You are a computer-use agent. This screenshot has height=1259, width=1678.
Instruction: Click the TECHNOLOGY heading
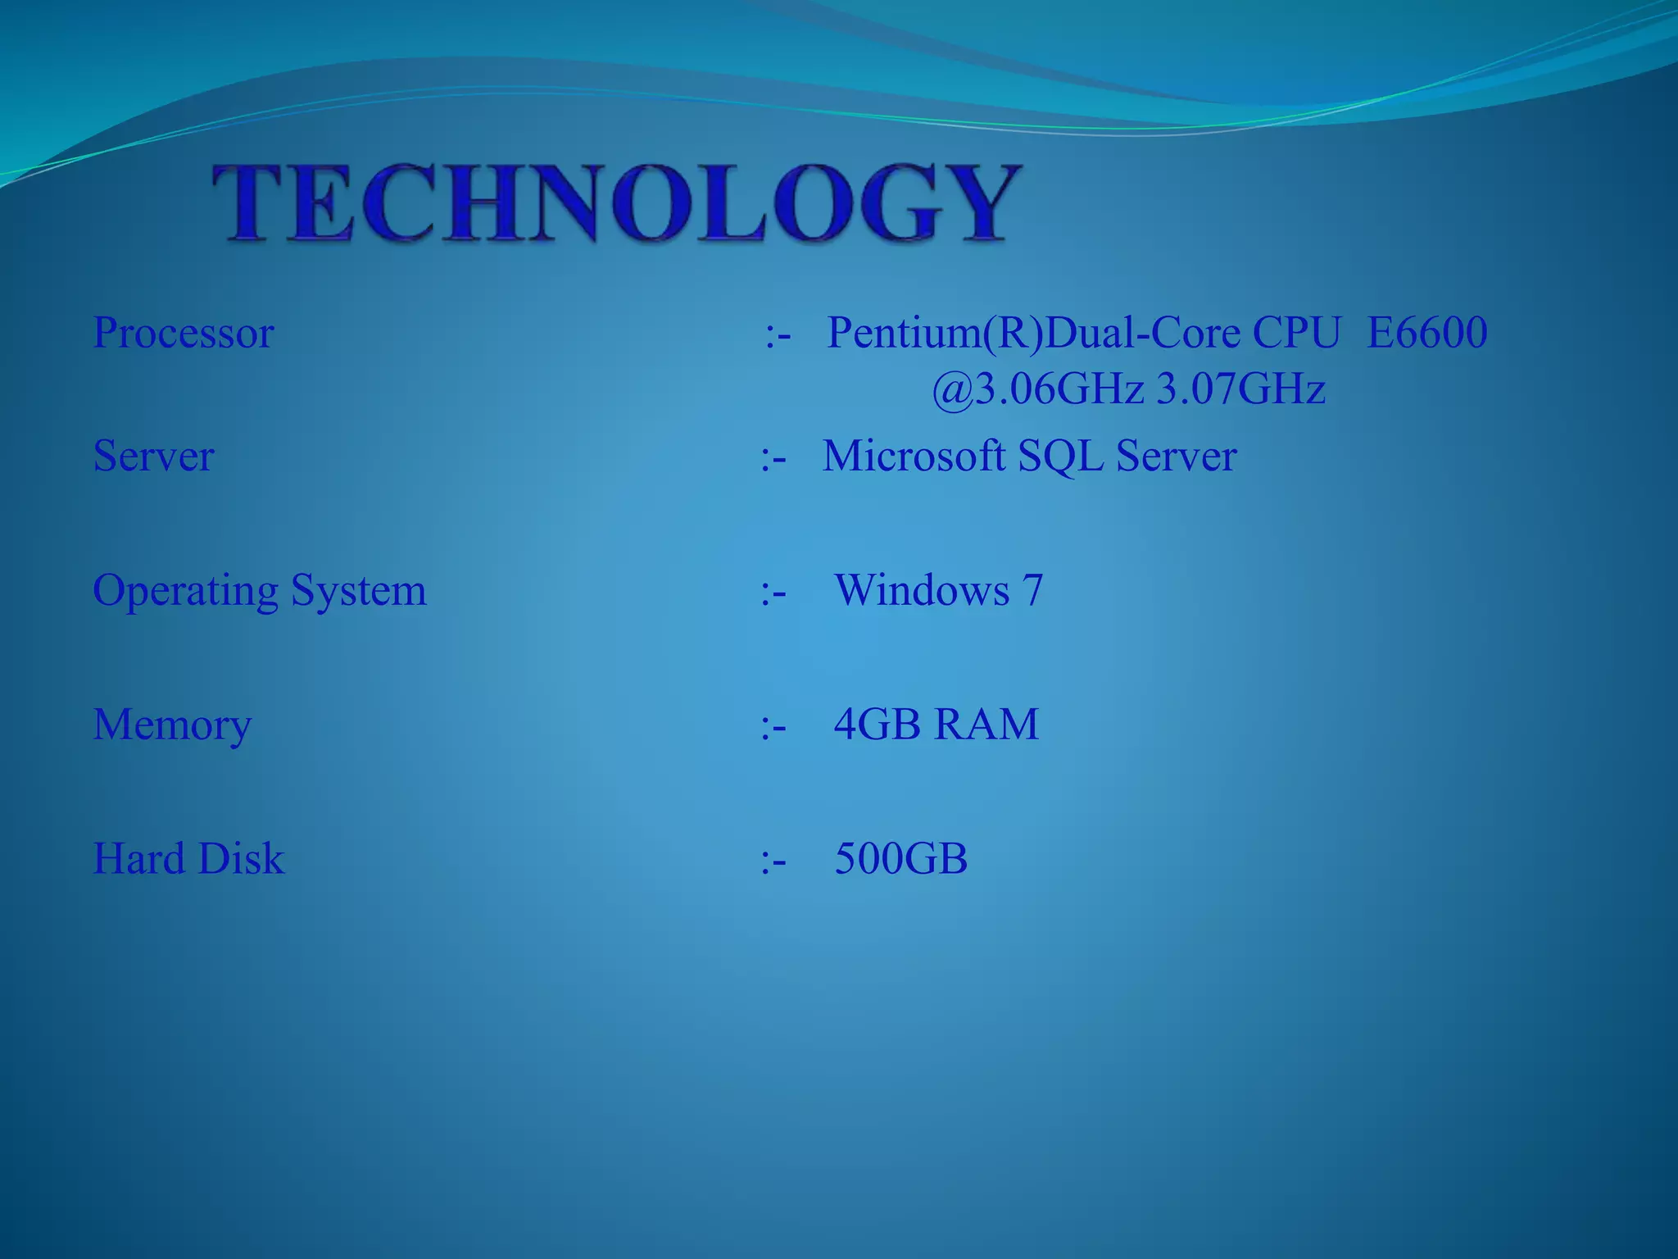click(616, 202)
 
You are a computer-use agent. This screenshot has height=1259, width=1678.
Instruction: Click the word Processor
click(184, 333)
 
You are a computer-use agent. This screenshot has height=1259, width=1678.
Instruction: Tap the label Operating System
click(260, 590)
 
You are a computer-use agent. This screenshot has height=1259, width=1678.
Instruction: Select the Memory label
click(172, 725)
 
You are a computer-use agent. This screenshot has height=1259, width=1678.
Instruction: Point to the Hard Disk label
click(188, 859)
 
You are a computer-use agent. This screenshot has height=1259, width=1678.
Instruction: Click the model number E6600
click(1426, 333)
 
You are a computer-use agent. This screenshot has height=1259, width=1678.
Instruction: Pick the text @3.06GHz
click(1037, 389)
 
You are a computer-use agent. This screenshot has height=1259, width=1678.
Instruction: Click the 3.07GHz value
click(1240, 389)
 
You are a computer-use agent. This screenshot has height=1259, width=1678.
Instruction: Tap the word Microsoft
click(914, 456)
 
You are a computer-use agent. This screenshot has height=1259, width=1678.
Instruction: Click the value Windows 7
click(938, 590)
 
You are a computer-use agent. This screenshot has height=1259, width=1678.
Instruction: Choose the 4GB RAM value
click(936, 725)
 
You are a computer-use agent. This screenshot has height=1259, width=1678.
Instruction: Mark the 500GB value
click(900, 859)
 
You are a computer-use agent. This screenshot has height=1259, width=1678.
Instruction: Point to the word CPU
click(1296, 333)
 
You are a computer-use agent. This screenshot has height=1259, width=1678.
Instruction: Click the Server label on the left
click(154, 456)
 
